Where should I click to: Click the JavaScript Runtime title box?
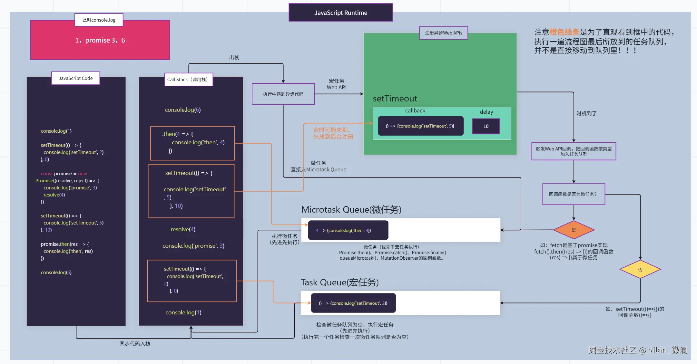[341, 13]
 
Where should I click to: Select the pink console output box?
[100, 40]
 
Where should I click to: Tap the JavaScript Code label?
[76, 78]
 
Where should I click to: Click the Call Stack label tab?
[189, 80]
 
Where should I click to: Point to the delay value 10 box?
[486, 126]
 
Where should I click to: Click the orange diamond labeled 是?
[574, 230]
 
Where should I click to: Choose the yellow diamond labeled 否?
[640, 270]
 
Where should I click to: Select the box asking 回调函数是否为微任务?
[574, 194]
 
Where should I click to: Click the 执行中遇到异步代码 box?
[283, 94]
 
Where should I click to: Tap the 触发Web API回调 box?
[574, 151]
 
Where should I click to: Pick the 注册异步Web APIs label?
[444, 33]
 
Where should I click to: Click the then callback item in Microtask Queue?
[348, 230]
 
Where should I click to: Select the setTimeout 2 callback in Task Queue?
[353, 303]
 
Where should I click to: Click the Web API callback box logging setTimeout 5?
[420, 126]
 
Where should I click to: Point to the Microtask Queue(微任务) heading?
[351, 210]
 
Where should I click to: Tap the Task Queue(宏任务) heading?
[340, 283]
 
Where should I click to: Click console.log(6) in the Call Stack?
[183, 110]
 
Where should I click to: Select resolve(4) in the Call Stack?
[183, 229]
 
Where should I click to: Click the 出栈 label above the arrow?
[234, 57]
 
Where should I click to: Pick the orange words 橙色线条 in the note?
[564, 32]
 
